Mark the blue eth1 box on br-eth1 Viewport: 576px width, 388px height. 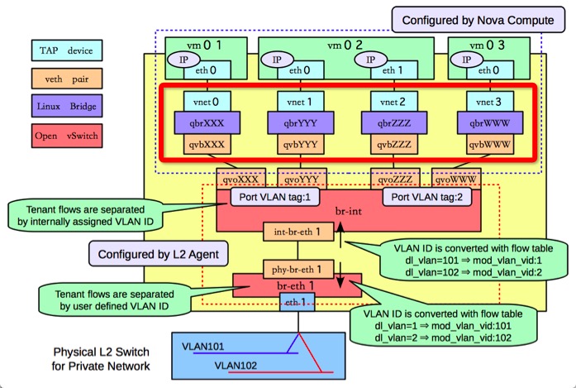(293, 301)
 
